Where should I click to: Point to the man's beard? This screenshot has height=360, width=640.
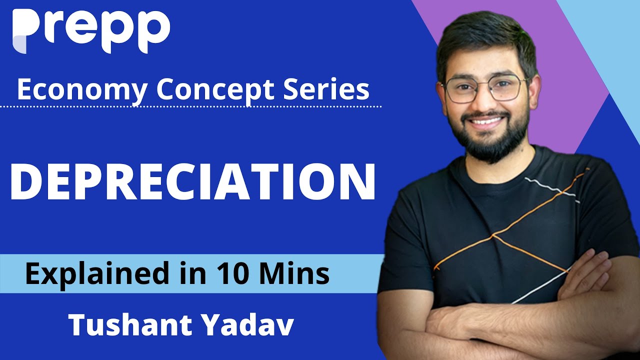(487, 142)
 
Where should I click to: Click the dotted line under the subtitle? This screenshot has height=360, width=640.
(200, 106)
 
